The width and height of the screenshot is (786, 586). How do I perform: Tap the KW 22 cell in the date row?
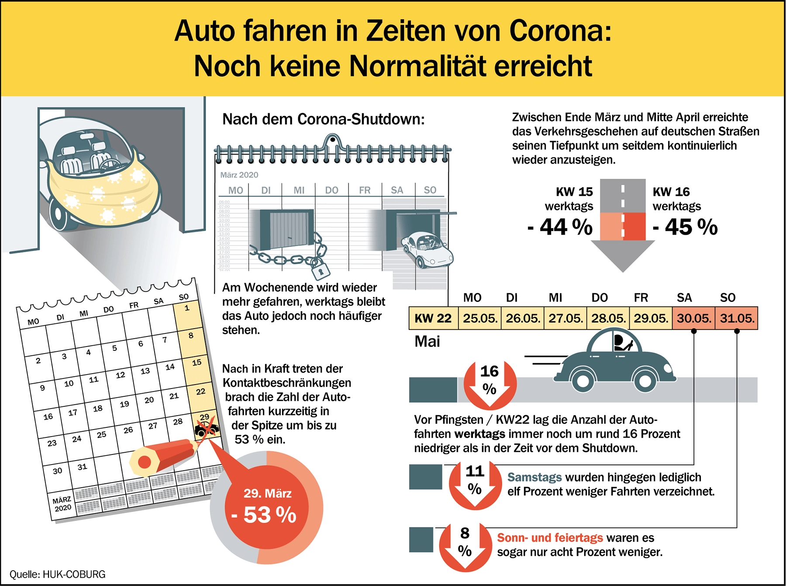pos(433,318)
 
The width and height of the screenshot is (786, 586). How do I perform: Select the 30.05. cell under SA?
pos(693,318)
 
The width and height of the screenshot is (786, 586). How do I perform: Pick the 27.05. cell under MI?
pos(565,318)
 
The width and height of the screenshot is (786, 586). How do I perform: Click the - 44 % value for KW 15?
pos(560,227)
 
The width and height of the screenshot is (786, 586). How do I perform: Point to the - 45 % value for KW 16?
pos(685,227)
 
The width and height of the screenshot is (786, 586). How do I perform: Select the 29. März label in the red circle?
pos(267,493)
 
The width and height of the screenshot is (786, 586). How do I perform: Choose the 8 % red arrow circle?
pos(465,544)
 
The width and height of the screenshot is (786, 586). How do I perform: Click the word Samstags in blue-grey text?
pos(534,477)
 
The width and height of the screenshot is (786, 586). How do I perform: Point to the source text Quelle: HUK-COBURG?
pos(58,574)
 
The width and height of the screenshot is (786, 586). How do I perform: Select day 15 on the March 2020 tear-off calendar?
pos(196,362)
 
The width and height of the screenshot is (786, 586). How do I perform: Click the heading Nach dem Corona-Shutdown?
pos(323,119)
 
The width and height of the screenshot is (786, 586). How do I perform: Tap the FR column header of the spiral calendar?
pos(365,190)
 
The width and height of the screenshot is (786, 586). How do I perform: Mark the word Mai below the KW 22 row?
pos(427,341)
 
